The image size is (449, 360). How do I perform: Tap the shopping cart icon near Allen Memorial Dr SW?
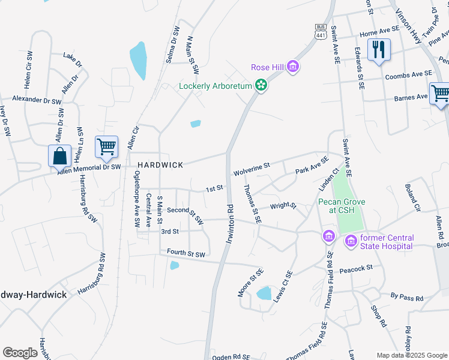pos(106,146)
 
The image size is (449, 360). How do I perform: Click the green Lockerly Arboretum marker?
pos(261,86)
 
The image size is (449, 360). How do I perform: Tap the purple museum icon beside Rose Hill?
pos(292,67)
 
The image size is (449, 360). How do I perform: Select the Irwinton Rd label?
pos(229,224)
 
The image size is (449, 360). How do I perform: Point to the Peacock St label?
pos(356,267)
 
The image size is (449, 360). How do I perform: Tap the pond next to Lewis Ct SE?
pos(264,293)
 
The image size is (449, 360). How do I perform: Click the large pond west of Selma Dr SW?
pos(138,61)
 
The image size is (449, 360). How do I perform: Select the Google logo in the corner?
pos(20,352)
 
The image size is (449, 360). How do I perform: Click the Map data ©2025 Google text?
pos(411,355)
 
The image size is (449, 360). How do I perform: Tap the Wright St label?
pos(283,206)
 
